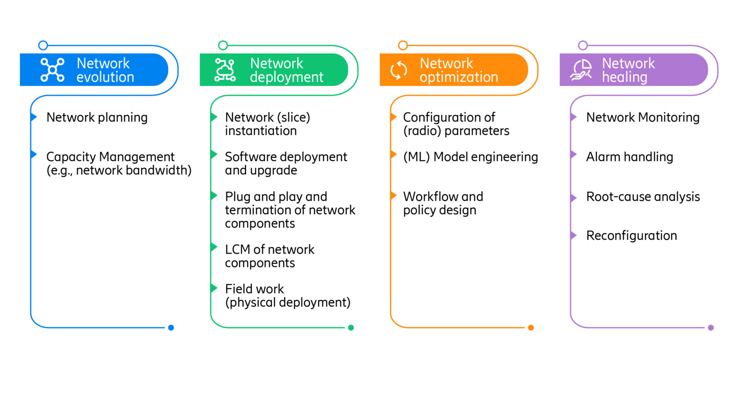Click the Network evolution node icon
click(52, 70)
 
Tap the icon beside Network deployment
click(225, 70)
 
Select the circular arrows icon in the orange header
click(399, 70)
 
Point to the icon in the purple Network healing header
click(581, 70)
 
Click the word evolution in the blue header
click(105, 77)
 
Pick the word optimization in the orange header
click(459, 77)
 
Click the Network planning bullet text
click(97, 118)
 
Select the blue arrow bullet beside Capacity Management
click(33, 154)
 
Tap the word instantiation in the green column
click(261, 131)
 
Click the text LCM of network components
click(269, 256)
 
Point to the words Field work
click(254, 289)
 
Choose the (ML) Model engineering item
click(470, 157)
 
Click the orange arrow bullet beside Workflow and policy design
click(394, 196)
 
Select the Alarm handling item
click(629, 157)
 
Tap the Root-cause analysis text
click(643, 197)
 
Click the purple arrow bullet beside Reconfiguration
click(573, 235)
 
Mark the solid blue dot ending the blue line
click(171, 327)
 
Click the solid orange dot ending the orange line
click(531, 327)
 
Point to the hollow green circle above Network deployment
click(223, 45)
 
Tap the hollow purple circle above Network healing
click(583, 45)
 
